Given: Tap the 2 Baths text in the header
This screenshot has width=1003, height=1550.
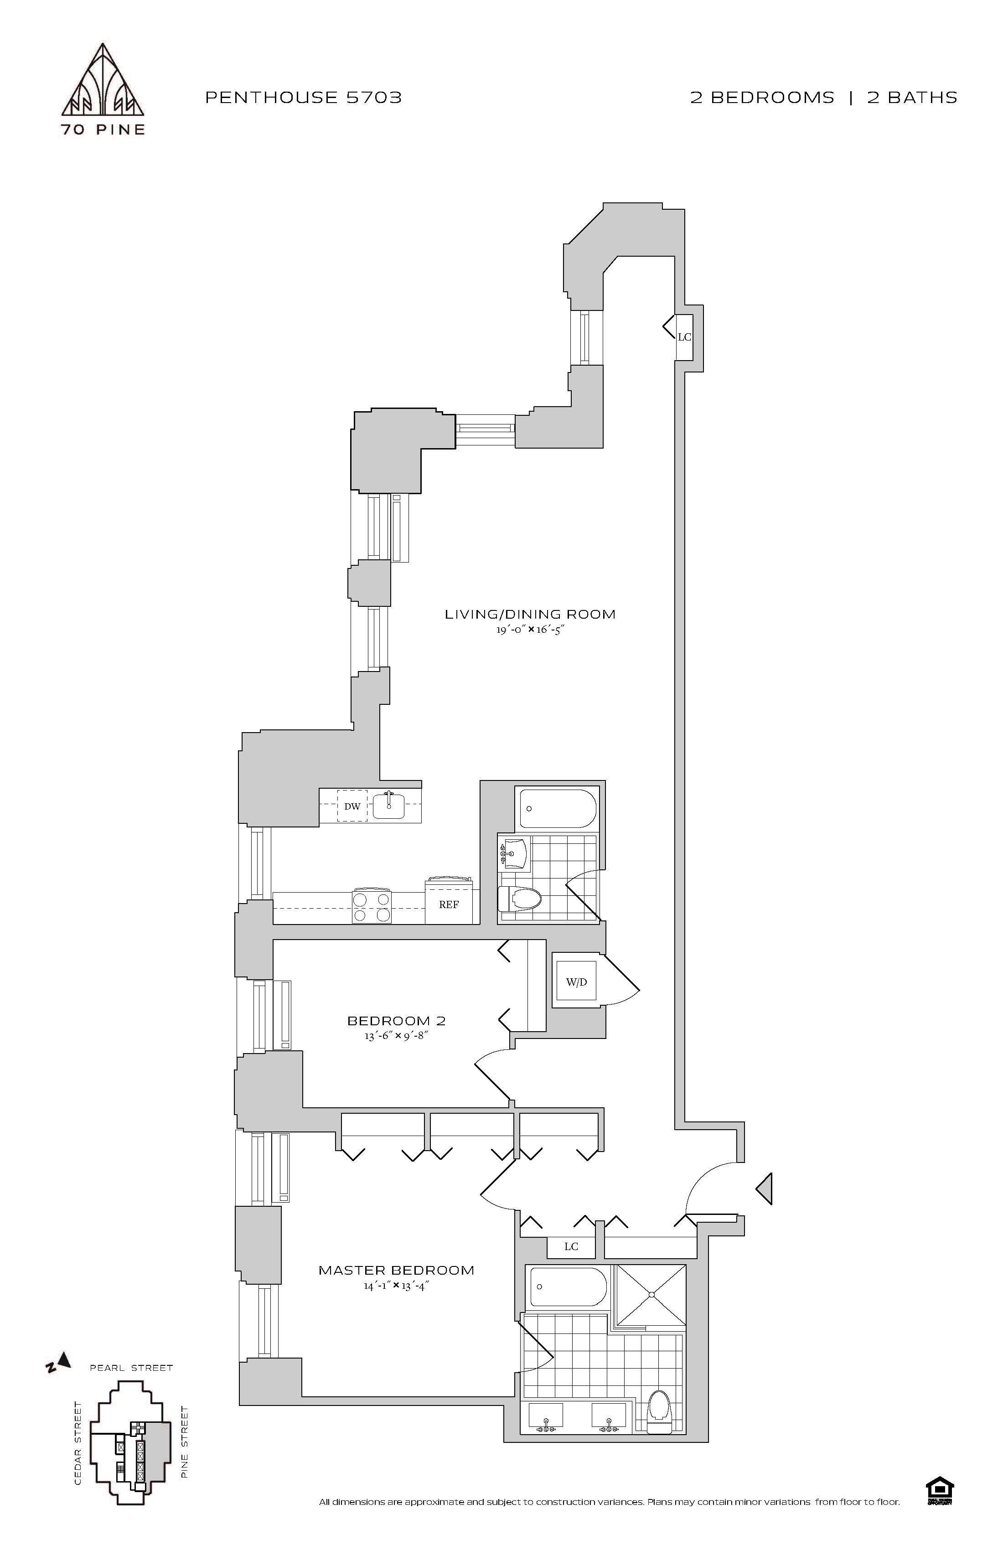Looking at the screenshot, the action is [x=912, y=98].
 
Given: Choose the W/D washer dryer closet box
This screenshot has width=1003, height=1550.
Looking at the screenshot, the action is [x=576, y=982].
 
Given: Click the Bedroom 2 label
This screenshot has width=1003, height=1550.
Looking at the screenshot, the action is [x=396, y=1021].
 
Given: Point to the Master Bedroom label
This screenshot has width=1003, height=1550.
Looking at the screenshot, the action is [x=396, y=1270].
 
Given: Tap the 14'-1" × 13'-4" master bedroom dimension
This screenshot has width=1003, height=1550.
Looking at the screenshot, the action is [x=396, y=1286].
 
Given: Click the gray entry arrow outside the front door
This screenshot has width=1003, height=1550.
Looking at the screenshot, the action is [x=765, y=1188].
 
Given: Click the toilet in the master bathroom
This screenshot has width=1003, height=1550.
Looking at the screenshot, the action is [x=659, y=1409].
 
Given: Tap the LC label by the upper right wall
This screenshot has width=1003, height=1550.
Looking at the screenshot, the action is [x=684, y=337].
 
